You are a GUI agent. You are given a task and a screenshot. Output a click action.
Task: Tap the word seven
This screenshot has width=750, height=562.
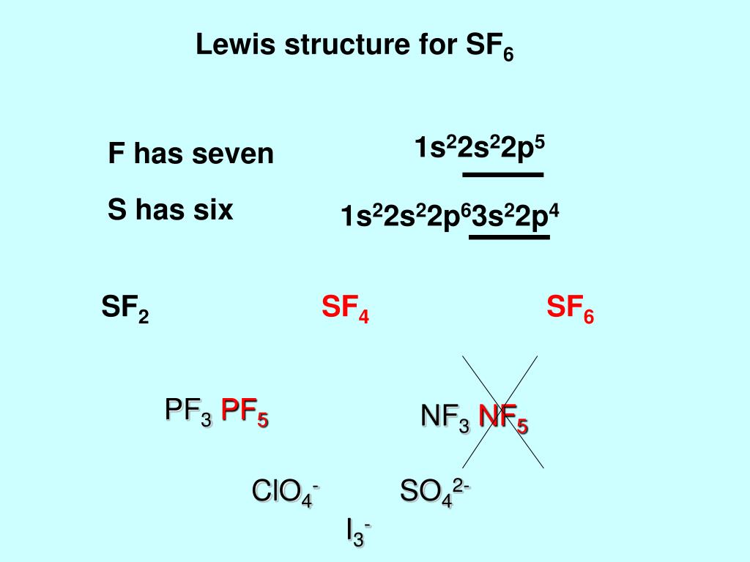coord(233,154)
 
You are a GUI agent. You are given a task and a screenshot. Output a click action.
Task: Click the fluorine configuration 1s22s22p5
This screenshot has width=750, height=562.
coord(479,149)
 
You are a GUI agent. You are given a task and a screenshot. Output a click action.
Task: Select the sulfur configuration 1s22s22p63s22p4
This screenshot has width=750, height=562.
coord(449,217)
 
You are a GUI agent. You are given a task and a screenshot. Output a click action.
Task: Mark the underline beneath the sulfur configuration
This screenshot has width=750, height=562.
coord(509,238)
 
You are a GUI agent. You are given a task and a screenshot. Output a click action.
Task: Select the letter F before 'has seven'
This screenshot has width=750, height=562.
coord(115,154)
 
